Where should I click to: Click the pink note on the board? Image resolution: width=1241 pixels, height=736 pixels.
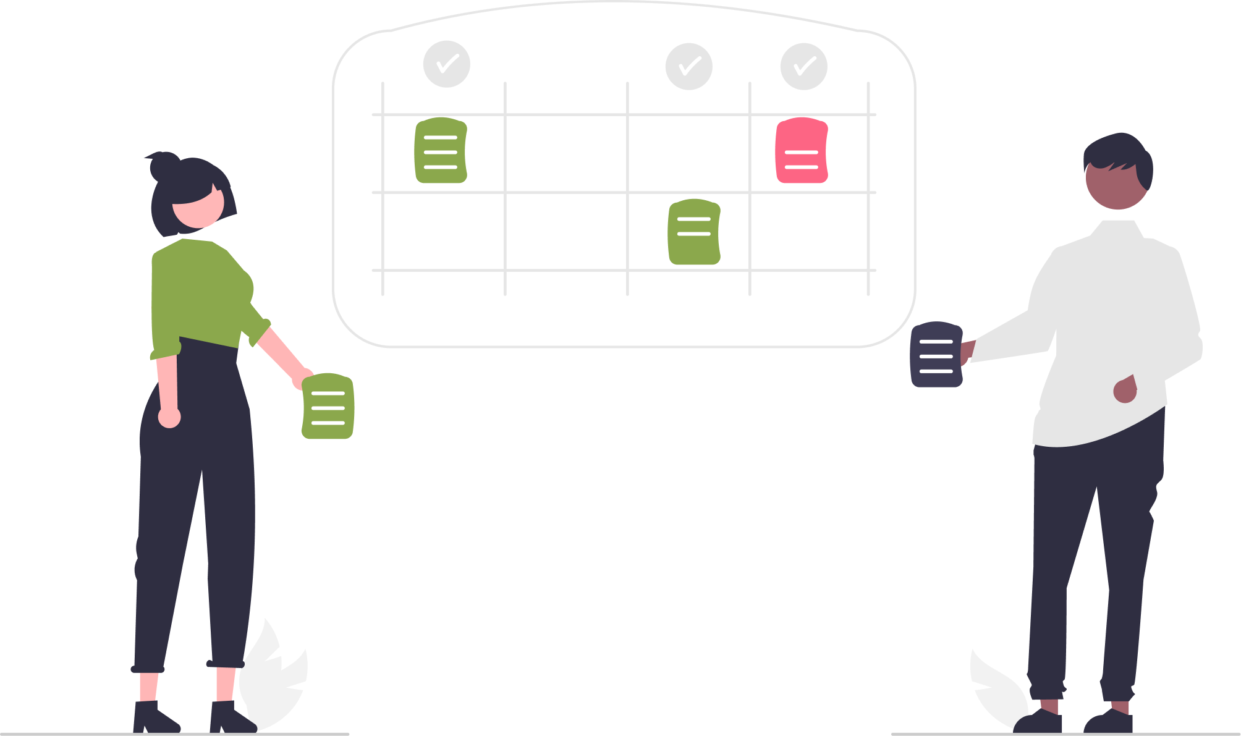[802, 150]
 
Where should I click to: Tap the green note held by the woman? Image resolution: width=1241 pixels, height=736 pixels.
[328, 406]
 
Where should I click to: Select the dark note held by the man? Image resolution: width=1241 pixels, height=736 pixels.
[936, 355]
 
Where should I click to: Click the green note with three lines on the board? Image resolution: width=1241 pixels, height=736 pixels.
[441, 150]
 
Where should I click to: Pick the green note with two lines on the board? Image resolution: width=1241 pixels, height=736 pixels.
[694, 232]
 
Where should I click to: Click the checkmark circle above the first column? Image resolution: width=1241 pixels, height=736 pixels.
[447, 64]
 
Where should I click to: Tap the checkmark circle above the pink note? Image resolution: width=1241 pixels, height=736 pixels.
[803, 66]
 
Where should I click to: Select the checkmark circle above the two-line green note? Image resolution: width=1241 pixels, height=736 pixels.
[689, 66]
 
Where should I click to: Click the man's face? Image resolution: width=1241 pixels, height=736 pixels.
[1116, 185]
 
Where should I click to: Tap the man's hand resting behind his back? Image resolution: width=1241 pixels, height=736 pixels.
[1125, 390]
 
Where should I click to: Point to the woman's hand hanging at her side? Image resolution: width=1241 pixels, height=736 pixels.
[169, 418]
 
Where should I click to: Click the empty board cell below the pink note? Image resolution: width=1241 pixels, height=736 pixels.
[810, 232]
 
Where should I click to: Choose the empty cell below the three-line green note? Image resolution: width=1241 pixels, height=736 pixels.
[444, 232]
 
